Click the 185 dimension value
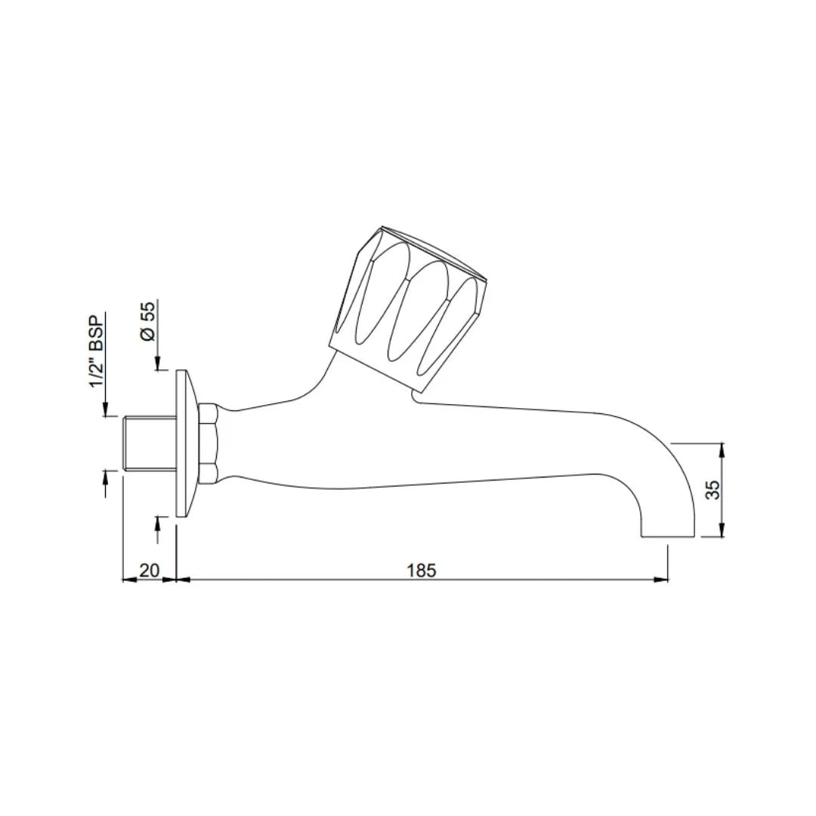point(421,570)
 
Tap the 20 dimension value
point(149,570)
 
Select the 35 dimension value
point(712,490)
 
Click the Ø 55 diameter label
point(149,320)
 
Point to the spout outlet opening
point(666,536)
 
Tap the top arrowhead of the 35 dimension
point(723,448)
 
